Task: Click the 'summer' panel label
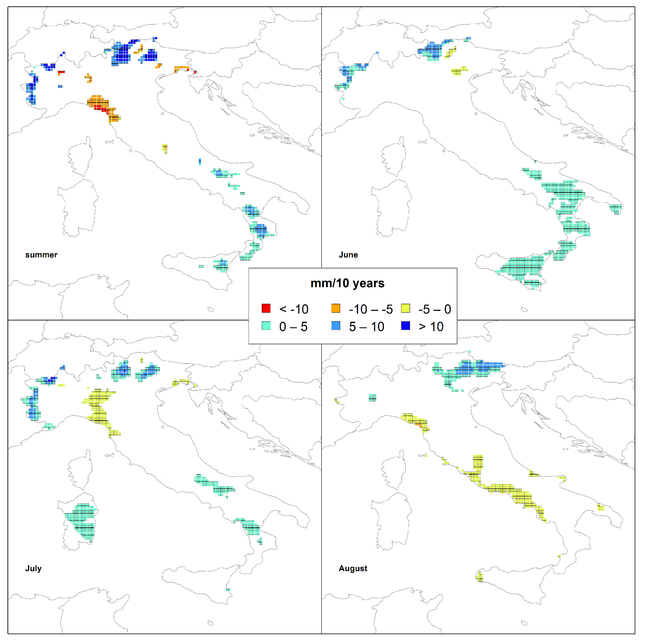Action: (x=41, y=255)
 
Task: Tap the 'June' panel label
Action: (x=348, y=255)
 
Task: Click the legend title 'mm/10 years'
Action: (x=347, y=283)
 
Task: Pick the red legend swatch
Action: (x=266, y=308)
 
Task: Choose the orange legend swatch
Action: (x=336, y=308)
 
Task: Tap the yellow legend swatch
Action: (x=406, y=308)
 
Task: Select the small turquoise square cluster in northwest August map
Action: (x=372, y=398)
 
